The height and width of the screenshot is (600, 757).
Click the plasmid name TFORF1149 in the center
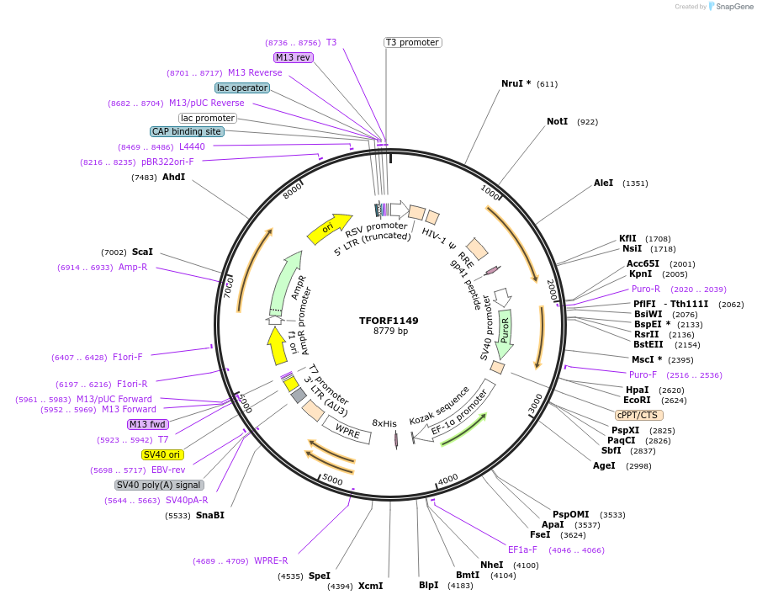point(389,321)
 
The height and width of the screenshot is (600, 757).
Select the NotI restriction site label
point(557,122)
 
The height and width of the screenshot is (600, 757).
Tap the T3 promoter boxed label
point(412,42)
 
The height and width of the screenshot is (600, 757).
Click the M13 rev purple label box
point(294,57)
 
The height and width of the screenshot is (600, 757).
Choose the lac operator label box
point(242,88)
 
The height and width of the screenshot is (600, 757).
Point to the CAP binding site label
point(187,131)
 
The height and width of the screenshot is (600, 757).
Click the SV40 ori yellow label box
point(162,454)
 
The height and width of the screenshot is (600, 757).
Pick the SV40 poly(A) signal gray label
point(159,485)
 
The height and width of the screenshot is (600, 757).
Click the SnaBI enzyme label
point(209,515)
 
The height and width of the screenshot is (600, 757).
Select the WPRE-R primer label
point(271,560)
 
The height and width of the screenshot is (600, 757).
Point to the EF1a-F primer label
point(522,550)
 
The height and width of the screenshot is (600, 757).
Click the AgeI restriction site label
point(604,465)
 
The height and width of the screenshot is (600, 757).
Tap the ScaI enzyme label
point(142,252)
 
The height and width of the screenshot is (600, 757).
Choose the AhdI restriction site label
point(173,178)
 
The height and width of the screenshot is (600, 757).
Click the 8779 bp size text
point(390,332)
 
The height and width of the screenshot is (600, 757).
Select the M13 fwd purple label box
point(148,424)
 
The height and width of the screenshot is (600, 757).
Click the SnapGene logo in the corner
point(730,7)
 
